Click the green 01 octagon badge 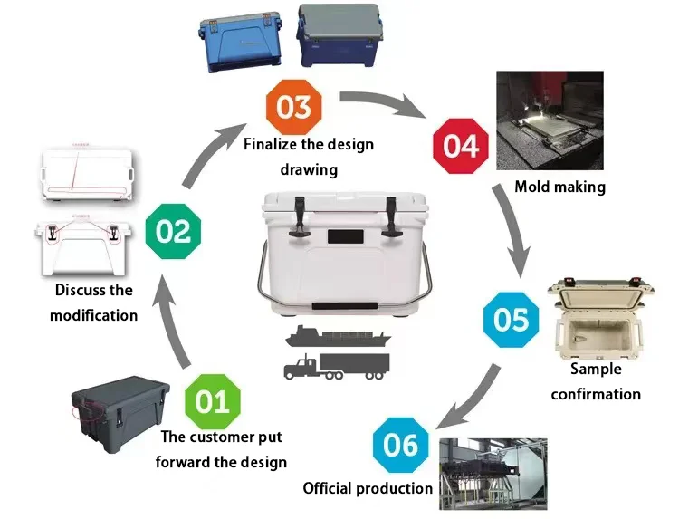pos(213,399)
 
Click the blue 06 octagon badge pos(400,444)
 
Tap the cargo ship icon pos(337,338)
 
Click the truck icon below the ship pos(336,366)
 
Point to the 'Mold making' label pos(559,187)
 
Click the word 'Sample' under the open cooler pos(595,369)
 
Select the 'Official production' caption pos(368,488)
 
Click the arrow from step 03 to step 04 pos(385,101)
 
